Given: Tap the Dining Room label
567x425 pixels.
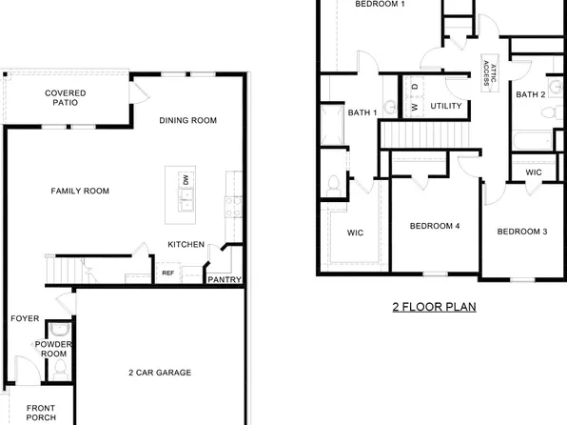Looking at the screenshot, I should [x=188, y=121].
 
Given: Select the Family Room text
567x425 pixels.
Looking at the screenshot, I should [x=80, y=192].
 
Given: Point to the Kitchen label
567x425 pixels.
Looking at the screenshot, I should [x=186, y=245].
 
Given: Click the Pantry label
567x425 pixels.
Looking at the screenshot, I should [x=225, y=280].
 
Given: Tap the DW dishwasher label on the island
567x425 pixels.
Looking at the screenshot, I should [x=186, y=180].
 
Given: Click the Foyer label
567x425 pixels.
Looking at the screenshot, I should [x=25, y=319].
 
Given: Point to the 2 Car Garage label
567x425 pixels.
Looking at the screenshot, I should [x=160, y=373].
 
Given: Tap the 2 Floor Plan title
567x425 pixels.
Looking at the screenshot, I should [x=434, y=308].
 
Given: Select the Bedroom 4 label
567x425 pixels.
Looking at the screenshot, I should [x=435, y=227].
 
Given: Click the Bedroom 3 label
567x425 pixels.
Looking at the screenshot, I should [x=522, y=232].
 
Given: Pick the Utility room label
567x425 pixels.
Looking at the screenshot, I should [x=446, y=106].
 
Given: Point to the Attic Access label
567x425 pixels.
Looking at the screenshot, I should [x=488, y=71].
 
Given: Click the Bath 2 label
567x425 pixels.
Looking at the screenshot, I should [x=530, y=94].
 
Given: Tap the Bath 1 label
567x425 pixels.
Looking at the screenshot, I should [x=362, y=113].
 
